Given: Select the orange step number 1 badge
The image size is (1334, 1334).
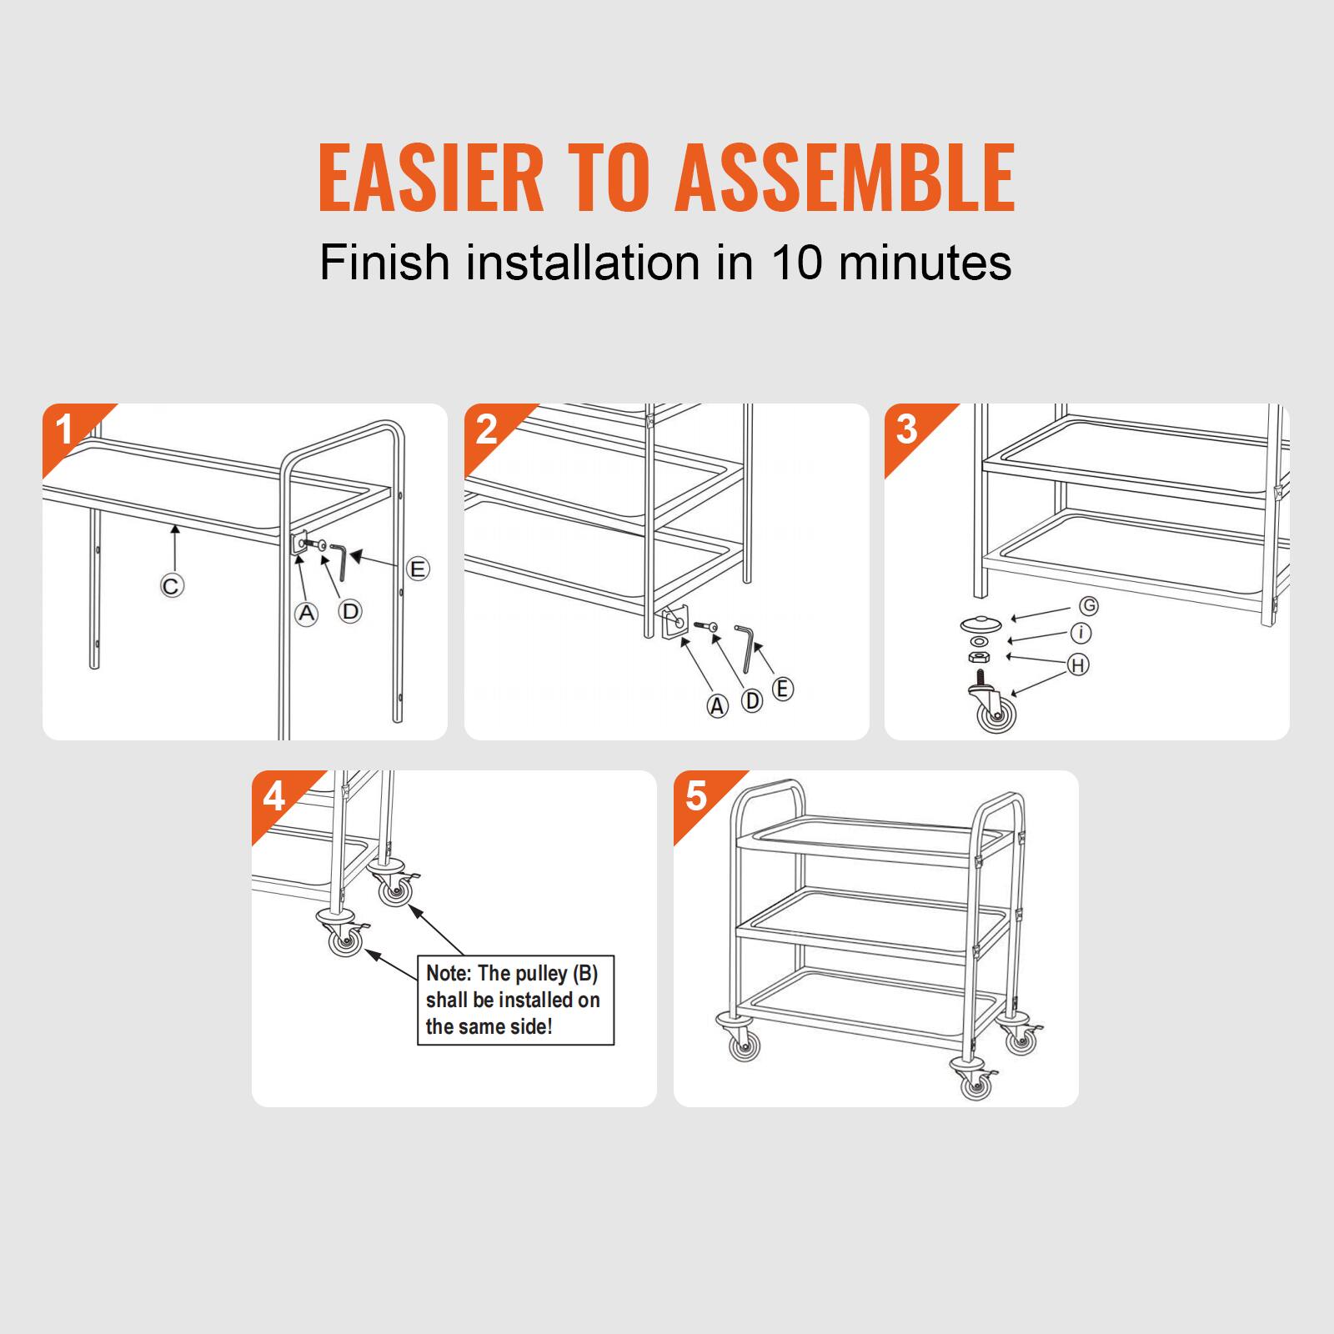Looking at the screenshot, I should (65, 430).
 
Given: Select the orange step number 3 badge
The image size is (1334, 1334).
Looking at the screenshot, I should (906, 430).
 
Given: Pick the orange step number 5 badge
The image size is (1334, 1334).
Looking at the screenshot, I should (696, 796).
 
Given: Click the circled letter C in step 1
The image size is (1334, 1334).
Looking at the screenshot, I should (171, 586).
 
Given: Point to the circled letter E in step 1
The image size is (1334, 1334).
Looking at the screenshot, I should (418, 569).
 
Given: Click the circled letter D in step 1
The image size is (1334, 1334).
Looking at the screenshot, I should (351, 611).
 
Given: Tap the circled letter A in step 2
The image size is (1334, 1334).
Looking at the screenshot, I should (717, 706).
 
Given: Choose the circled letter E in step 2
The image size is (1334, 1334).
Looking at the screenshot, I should (782, 690).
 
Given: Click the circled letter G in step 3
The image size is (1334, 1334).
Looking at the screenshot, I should (1088, 605).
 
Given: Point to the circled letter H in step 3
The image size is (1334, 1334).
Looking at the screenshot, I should (1079, 664).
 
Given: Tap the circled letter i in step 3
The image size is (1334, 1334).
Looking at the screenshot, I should (1081, 634).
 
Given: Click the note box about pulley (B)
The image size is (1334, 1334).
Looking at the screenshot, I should (515, 1000).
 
